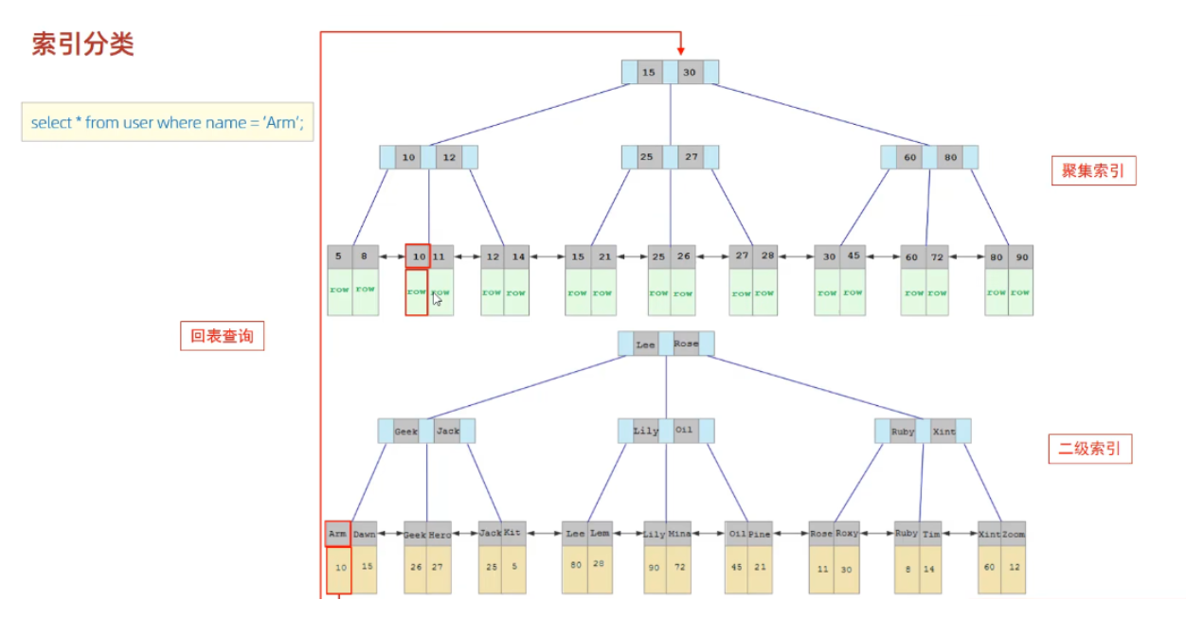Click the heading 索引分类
tap(83, 44)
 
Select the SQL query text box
tap(168, 123)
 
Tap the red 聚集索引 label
tap(1093, 171)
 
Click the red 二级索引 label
tap(1090, 449)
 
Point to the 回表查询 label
tap(223, 336)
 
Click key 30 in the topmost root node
tap(690, 72)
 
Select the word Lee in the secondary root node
tap(645, 344)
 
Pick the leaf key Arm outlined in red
tap(338, 534)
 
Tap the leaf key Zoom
tap(1014, 534)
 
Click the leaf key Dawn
tap(364, 534)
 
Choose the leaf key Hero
tap(440, 534)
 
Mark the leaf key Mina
tap(679, 534)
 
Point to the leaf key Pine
tap(761, 534)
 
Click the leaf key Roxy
tap(846, 534)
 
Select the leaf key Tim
tap(931, 534)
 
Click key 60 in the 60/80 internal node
tap(910, 157)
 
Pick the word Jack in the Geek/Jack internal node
tap(447, 432)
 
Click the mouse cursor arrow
tap(437, 300)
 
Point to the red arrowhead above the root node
tap(680, 49)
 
